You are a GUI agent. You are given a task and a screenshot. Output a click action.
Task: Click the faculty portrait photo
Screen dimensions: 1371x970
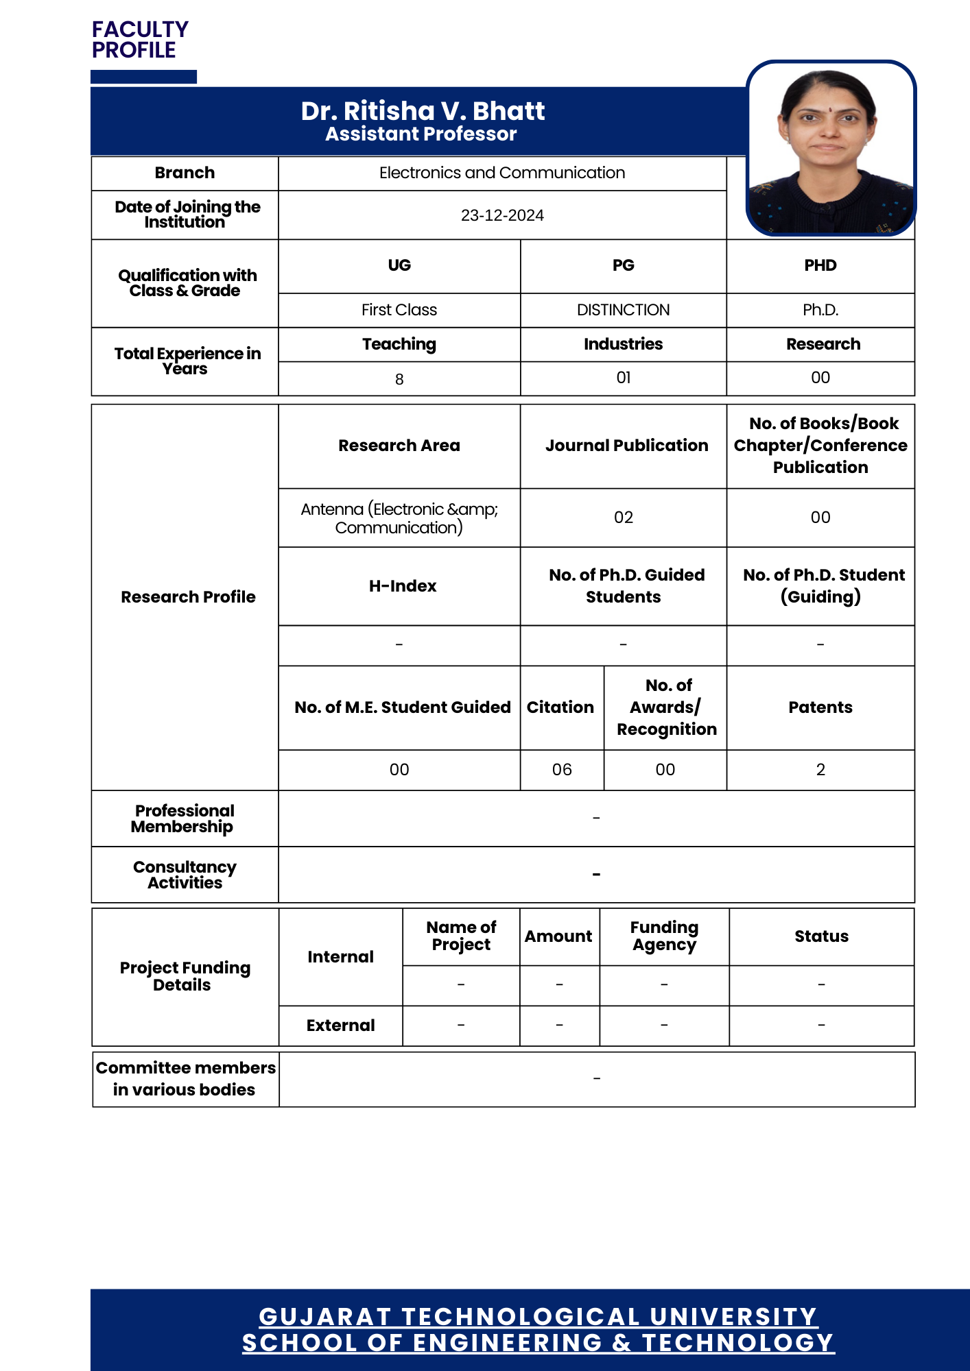[831, 149]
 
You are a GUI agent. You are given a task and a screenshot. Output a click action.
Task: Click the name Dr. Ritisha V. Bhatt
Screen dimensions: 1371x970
[423, 111]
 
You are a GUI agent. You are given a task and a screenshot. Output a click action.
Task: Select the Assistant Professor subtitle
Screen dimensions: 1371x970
[421, 134]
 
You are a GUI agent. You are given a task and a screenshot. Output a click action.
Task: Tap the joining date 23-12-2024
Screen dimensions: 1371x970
[502, 215]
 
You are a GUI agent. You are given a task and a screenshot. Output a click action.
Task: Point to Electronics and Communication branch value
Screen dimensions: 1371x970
[502, 173]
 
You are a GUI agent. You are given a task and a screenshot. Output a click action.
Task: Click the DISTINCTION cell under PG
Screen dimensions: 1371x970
[623, 310]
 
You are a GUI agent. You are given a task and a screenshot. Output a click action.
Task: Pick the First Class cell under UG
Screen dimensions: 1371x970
[399, 310]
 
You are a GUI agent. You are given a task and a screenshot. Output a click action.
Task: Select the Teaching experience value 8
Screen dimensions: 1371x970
[399, 379]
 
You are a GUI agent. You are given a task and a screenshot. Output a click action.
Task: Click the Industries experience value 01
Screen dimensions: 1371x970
[623, 378]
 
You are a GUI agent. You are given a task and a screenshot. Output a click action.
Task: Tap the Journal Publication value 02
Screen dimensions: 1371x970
[623, 518]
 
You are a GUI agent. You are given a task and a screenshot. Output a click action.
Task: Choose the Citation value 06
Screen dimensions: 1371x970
[562, 770]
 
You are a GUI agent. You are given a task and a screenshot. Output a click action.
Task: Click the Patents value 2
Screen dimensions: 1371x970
[820, 770]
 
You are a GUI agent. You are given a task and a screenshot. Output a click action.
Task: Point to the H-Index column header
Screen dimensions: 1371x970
[403, 586]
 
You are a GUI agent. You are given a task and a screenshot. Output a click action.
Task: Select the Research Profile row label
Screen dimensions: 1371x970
[188, 597]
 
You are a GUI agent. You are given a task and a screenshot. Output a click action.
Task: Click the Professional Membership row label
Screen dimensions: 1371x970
[184, 818]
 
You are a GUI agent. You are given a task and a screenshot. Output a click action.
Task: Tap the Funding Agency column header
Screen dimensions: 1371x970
[664, 936]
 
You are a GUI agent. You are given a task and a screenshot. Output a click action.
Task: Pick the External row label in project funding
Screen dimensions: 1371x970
[340, 1026]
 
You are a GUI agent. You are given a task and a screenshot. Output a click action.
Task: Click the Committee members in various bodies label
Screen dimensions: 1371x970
[185, 1079]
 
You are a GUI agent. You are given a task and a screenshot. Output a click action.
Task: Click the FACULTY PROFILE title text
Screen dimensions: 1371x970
[140, 40]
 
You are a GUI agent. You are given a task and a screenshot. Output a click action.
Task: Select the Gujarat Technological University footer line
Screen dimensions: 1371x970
[538, 1317]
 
